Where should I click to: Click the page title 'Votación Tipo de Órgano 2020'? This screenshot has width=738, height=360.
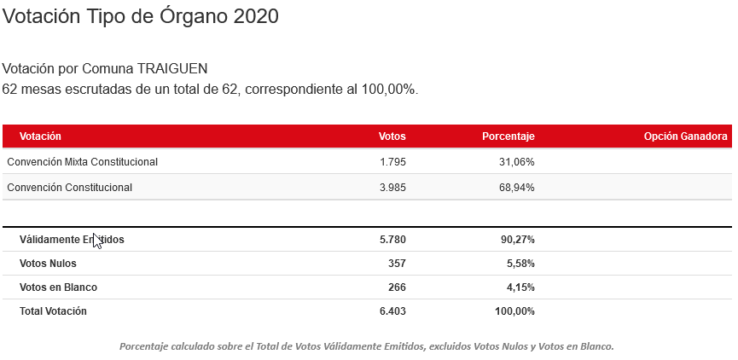tap(141, 16)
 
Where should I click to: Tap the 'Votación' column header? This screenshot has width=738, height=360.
tap(40, 136)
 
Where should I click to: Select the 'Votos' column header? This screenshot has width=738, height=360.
tap(392, 136)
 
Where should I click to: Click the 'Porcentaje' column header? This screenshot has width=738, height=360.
tap(508, 136)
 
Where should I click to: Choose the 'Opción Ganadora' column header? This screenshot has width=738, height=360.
tap(685, 136)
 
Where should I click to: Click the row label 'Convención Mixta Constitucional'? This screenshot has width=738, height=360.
tap(82, 161)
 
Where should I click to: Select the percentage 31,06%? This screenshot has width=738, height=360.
tap(516, 161)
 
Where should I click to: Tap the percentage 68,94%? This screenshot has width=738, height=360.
tap(516, 187)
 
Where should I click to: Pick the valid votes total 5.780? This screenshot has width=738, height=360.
tap(392, 240)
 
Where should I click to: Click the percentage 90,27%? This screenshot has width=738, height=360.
tap(517, 240)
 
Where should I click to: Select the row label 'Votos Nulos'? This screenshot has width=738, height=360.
tap(48, 264)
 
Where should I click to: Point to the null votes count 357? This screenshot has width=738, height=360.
tap(397, 264)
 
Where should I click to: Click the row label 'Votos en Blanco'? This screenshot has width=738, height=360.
tap(58, 287)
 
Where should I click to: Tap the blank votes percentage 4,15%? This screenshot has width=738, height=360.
tap(520, 287)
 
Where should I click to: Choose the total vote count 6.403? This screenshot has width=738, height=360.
tap(392, 311)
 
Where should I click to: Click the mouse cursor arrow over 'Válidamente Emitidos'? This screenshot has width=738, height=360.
tap(96, 240)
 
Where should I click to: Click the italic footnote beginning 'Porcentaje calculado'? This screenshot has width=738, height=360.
tap(367, 346)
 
